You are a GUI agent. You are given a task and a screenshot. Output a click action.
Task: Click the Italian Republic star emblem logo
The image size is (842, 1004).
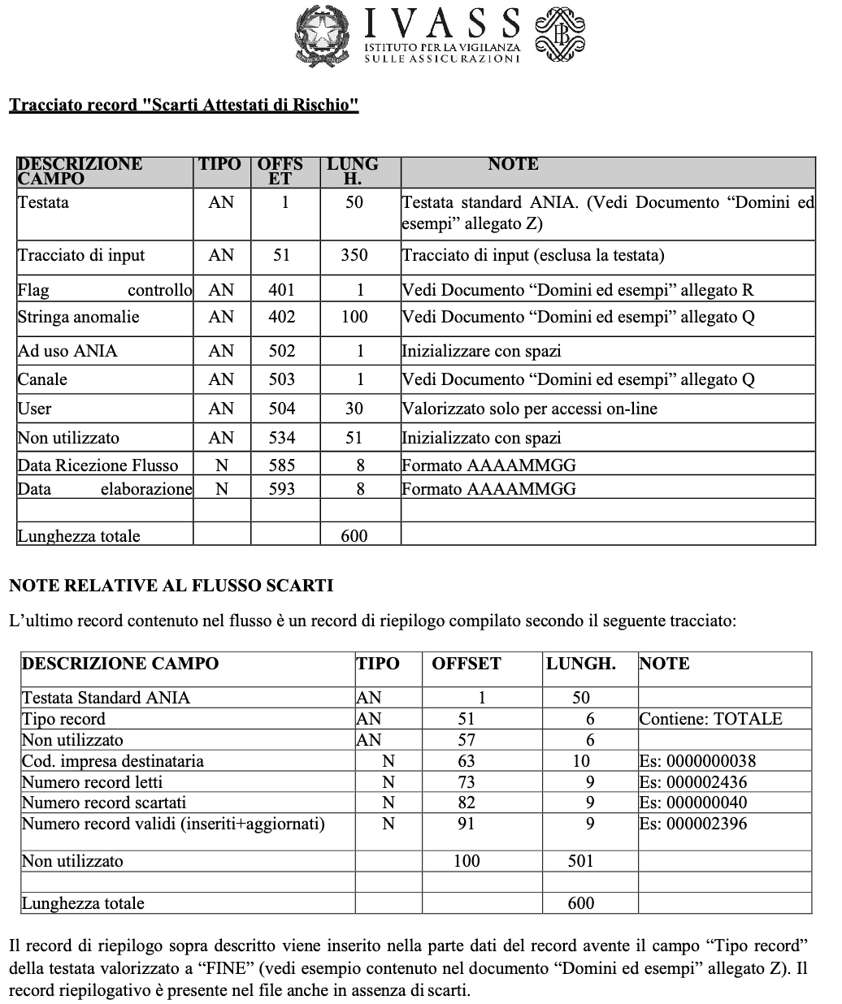[324, 33]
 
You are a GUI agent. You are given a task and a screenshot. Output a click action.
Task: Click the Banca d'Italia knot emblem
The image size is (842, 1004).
[559, 34]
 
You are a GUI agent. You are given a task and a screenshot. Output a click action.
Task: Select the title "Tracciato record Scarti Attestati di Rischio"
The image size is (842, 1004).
[184, 106]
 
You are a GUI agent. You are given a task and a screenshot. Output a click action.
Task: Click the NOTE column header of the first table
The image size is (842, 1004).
[513, 164]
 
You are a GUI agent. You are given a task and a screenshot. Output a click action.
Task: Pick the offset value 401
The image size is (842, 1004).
[281, 290]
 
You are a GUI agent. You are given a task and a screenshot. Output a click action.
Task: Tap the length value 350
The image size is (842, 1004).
[354, 255]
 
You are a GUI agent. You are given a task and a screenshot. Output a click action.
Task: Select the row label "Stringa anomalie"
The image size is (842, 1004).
[78, 317]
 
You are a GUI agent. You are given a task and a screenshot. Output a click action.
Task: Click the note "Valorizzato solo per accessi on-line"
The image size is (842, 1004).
[529, 409]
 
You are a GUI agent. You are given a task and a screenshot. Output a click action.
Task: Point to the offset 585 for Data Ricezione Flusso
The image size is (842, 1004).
[281, 465]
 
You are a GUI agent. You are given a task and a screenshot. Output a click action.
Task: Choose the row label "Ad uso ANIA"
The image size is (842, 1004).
[67, 351]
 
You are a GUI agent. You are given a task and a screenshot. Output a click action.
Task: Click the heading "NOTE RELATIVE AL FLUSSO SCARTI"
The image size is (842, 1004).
[171, 585]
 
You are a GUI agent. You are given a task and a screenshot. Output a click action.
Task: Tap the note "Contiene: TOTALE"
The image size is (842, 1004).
[710, 719]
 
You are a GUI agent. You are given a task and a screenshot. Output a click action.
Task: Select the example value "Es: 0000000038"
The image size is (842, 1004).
[697, 761]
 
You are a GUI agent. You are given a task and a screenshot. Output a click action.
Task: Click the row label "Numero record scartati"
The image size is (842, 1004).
[98, 803]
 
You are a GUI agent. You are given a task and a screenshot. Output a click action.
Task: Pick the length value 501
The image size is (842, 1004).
[580, 861]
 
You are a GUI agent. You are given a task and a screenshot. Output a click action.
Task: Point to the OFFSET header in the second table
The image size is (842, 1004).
[466, 664]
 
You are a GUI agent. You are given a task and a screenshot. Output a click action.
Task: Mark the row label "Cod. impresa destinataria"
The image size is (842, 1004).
[112, 761]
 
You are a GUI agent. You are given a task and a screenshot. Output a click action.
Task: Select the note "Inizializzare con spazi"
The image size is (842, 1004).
[481, 351]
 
